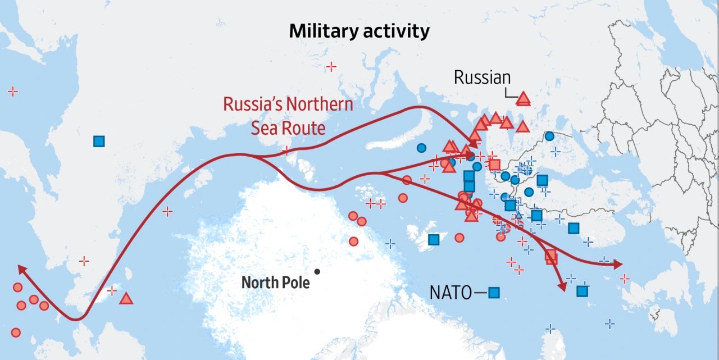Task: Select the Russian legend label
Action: pos(483,78)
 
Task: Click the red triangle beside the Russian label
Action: pos(524,99)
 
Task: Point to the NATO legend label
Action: pos(450,293)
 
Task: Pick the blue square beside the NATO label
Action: pos(494,293)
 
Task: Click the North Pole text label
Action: pos(275,282)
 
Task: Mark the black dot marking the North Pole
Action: pos(317,272)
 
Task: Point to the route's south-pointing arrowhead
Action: pos(562,286)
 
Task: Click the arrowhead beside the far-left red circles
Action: pos(22,269)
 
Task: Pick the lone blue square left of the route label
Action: pos(99,142)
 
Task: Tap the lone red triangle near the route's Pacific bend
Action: pos(126,299)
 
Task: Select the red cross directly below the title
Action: pos(331,67)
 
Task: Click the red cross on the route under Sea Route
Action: pos(286,151)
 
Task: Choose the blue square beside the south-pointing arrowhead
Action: pos(583,291)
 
